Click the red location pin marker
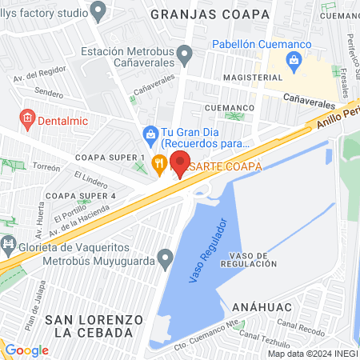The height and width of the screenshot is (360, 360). (180, 163)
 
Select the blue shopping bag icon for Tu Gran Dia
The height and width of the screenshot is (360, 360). (149, 133)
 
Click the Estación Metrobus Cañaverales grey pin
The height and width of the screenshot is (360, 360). (186, 55)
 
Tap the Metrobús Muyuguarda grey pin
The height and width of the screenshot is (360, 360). (166, 258)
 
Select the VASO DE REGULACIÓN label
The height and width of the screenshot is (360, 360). (254, 259)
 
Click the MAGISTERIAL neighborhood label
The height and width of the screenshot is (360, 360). (254, 78)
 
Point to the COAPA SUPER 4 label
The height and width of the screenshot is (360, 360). (81, 195)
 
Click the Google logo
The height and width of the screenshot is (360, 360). (27, 350)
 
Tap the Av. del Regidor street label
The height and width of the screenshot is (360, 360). (38, 78)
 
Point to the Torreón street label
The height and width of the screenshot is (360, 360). (46, 168)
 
